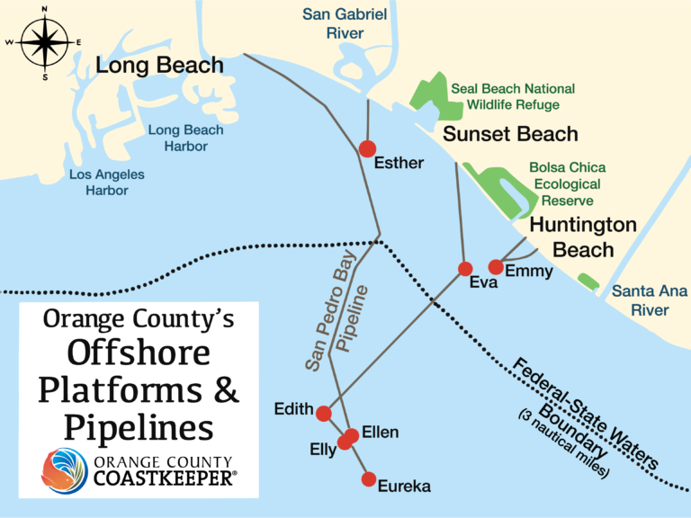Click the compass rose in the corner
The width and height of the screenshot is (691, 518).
[44, 41]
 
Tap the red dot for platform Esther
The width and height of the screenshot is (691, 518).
[367, 148]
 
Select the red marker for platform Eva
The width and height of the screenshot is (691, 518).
[465, 269]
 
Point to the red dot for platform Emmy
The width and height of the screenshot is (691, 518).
[495, 266]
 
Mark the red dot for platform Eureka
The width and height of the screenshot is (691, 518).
[368, 479]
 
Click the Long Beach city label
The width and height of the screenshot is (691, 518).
[159, 66]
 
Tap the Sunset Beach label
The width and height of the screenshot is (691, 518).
[510, 135]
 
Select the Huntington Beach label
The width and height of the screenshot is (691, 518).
[583, 237]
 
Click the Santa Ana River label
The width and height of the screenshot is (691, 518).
[649, 300]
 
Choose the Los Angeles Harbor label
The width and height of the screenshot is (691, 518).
[107, 183]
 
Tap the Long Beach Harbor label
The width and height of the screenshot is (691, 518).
[185, 138]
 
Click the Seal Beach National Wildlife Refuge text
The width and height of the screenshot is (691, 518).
[513, 97]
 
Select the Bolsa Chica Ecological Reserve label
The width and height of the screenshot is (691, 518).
[567, 183]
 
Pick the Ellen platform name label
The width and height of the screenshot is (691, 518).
[380, 433]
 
